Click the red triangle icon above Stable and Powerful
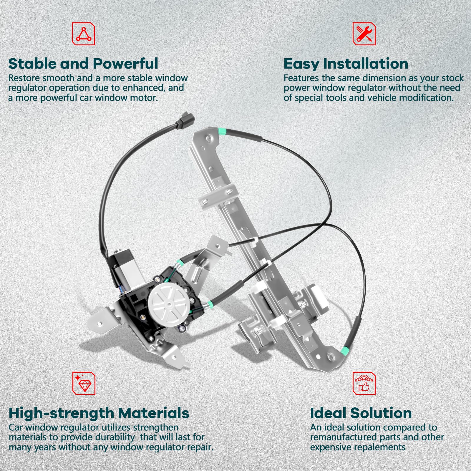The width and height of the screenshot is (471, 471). pyautogui.click(x=83, y=34)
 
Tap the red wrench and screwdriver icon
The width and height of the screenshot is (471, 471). pyautogui.click(x=364, y=34)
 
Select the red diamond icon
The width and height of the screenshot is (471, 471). pyautogui.click(x=84, y=383)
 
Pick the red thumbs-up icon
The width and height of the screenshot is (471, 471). pyautogui.click(x=364, y=383)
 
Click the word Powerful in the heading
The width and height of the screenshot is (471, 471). pyautogui.click(x=126, y=64)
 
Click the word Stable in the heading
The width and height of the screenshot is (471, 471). pyautogui.click(x=32, y=64)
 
